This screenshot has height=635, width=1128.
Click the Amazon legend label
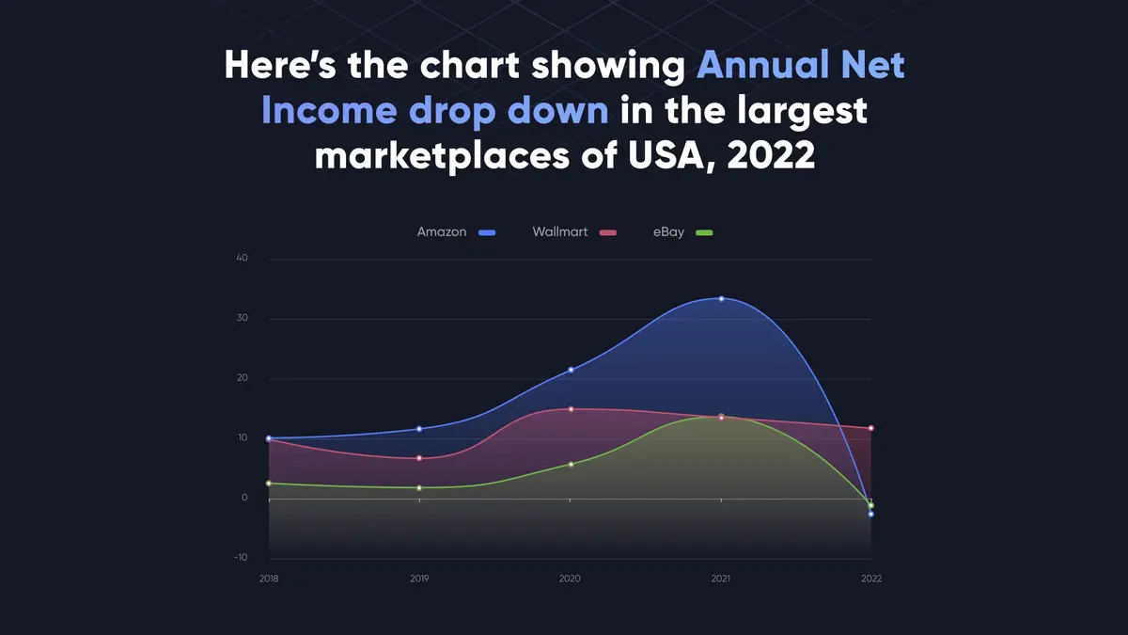[x=442, y=231]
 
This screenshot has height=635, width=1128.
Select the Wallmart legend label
[x=559, y=231]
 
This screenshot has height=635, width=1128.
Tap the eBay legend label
[x=668, y=231]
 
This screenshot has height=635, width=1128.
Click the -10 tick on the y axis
[x=240, y=558]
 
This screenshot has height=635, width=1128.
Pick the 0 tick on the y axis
[x=243, y=498]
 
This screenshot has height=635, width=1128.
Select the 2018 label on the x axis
[x=269, y=579]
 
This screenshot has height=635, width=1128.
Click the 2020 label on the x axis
[x=570, y=579]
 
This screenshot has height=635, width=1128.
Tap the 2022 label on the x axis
[x=870, y=579]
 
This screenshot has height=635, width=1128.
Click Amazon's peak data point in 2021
[x=721, y=298]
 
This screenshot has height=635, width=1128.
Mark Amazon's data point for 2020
[x=571, y=370]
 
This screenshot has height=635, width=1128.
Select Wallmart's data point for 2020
[x=571, y=409]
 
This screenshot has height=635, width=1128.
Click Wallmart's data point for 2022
[x=871, y=428]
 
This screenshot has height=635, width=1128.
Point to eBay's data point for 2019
[x=420, y=487]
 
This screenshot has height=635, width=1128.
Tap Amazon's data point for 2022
[x=871, y=514]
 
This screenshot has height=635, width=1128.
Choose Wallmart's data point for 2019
[x=420, y=458]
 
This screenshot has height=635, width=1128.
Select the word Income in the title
[x=329, y=111]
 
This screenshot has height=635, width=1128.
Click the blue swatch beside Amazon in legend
[x=486, y=232]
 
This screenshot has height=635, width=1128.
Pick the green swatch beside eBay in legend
[x=704, y=232]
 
